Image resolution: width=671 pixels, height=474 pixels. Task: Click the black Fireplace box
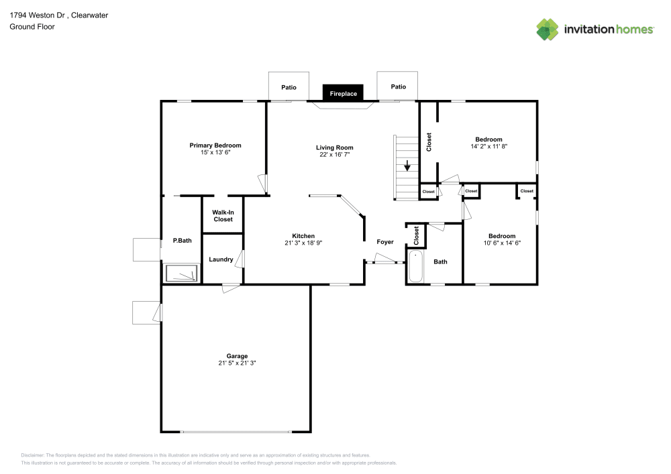343,93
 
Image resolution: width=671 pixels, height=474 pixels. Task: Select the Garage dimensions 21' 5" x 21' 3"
237,363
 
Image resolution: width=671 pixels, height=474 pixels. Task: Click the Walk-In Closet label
223,216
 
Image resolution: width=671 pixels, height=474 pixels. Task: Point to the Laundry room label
221,259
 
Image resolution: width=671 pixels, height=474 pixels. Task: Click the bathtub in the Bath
415,266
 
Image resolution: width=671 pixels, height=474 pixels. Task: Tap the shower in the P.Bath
182,274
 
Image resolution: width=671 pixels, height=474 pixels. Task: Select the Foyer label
385,242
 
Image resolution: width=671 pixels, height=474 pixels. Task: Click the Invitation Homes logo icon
548,29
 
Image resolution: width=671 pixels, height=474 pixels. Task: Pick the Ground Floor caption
32,27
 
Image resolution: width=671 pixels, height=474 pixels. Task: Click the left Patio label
289,87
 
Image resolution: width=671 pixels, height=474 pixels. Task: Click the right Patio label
399,86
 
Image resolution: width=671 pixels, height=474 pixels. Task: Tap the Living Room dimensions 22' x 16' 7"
335,154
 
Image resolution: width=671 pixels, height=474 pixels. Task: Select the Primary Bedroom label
215,145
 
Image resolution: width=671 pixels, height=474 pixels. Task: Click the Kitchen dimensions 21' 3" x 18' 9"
303,243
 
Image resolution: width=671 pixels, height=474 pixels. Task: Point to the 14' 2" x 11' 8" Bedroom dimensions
489,146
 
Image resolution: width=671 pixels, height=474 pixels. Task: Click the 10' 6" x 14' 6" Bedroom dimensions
502,243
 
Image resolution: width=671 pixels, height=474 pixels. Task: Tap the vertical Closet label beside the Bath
417,235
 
